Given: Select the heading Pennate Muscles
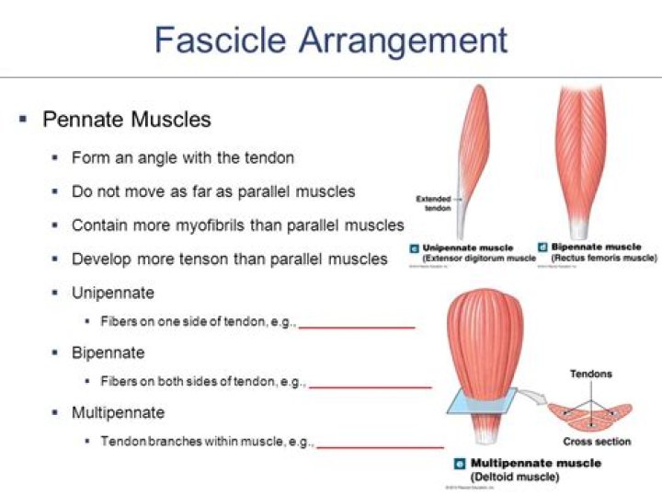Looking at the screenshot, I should tap(127, 119).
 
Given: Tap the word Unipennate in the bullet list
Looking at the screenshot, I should tap(113, 293).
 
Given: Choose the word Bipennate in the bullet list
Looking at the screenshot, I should tap(108, 352).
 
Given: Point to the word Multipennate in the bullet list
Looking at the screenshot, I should tap(118, 411).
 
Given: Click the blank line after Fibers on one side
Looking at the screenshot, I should tap(357, 326).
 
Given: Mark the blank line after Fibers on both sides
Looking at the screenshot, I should tap(370, 386).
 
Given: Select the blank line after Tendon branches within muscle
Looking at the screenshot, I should tap(380, 445).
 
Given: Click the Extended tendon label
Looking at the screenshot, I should tap(433, 202).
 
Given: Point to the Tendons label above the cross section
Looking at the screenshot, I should tap(590, 375).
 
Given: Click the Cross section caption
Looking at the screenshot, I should tap(598, 442).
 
